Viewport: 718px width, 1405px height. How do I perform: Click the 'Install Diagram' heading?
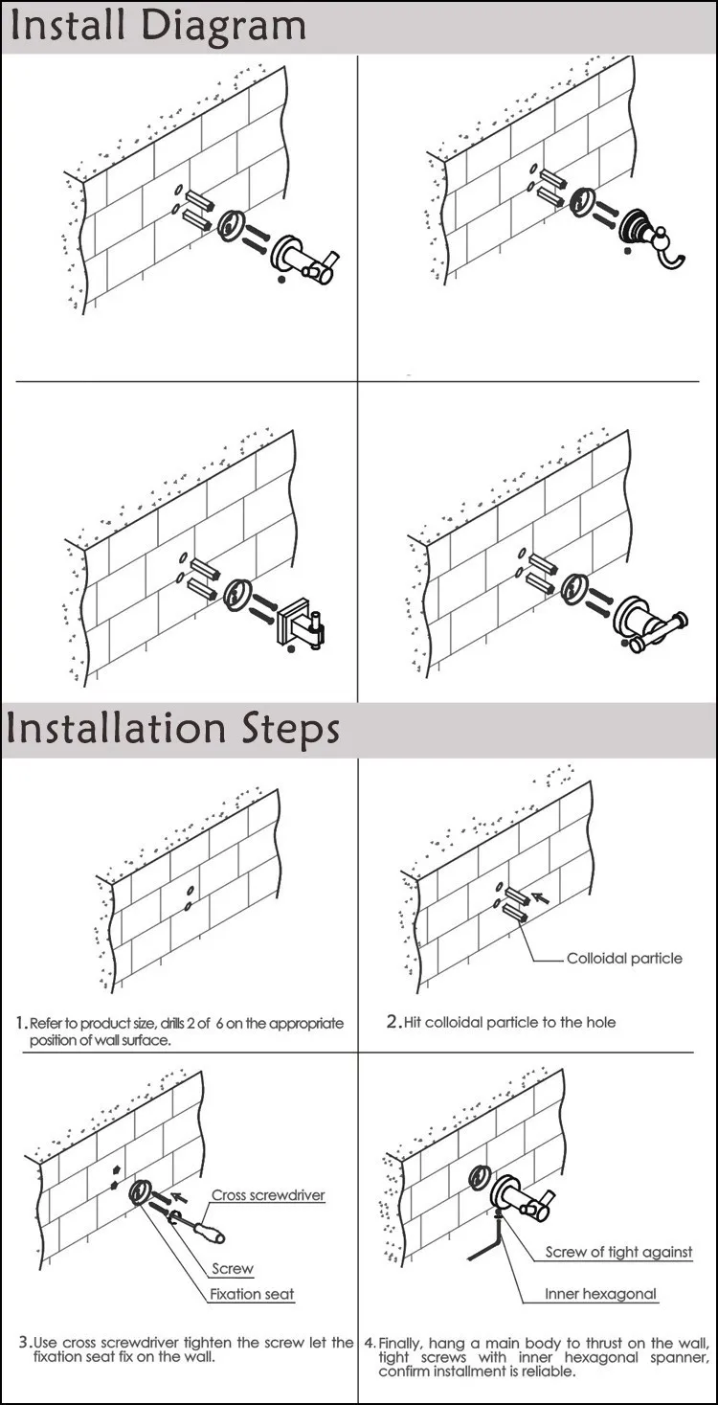click(x=158, y=25)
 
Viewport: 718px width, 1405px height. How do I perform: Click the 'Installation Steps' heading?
click(x=173, y=728)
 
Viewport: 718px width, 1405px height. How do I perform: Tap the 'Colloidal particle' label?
click(x=624, y=958)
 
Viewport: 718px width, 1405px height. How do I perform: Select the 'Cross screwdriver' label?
click(x=268, y=1195)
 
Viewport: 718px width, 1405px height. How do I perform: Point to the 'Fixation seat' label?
click(x=253, y=1294)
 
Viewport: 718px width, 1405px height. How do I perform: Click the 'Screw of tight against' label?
click(x=618, y=1252)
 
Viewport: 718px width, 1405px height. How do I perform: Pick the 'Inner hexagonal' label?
click(x=601, y=1294)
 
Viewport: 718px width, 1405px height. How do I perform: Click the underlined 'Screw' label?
click(x=233, y=1269)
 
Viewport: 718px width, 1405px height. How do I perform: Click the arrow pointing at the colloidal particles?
click(x=541, y=898)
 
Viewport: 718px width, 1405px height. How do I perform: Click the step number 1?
click(x=21, y=1023)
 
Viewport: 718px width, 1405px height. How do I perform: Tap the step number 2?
click(x=393, y=1022)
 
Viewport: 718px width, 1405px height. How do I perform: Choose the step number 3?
click(x=24, y=1343)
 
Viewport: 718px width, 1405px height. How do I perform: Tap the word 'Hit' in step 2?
click(x=414, y=1022)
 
